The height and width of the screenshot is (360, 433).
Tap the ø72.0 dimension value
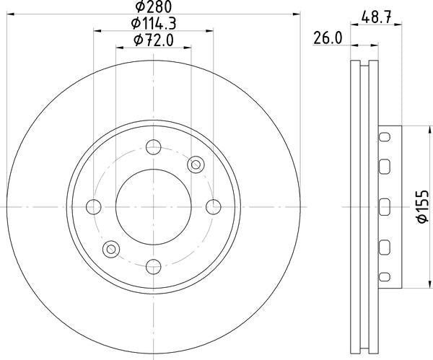point(154,40)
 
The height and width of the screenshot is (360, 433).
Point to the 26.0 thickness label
point(326,40)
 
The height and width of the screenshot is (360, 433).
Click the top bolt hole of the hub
point(153,147)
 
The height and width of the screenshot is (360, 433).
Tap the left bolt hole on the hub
point(93,207)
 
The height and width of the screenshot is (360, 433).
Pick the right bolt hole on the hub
point(213,207)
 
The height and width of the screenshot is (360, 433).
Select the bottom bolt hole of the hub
point(153,267)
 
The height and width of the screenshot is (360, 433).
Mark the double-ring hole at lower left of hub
point(110,250)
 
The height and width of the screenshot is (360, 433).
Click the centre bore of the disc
point(153,207)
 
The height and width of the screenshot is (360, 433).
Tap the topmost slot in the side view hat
point(385,136)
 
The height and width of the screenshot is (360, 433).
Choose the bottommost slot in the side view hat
point(385,277)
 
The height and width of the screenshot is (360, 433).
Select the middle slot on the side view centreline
point(385,207)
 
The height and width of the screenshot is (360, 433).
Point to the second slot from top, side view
point(385,168)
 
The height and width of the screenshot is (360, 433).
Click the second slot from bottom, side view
point(385,246)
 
